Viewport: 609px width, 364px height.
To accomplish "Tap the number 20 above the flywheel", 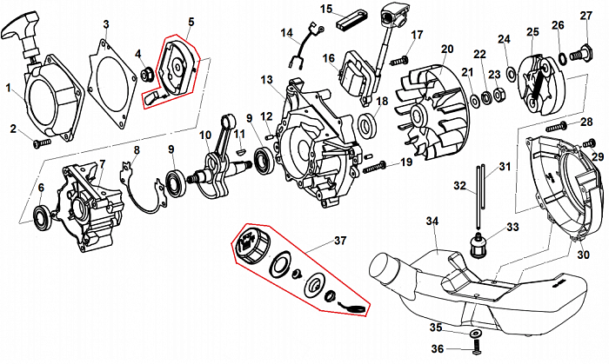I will pos(446,50).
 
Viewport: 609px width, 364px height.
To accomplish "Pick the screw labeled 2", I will pos(42,142).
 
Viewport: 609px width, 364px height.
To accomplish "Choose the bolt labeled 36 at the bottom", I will pos(478,349).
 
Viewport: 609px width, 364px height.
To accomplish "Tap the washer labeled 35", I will pos(476,334).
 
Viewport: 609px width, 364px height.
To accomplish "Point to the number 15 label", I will pos(326,9).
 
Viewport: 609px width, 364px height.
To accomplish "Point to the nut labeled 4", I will pos(147,74).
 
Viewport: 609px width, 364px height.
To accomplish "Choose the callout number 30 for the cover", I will pos(583,230).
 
